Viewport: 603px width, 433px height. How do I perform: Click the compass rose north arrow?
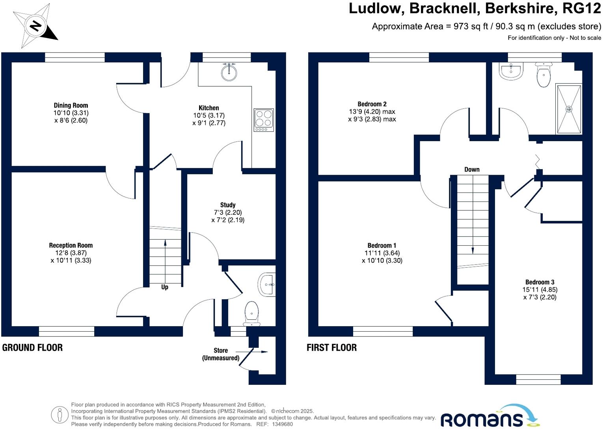coord(35,26)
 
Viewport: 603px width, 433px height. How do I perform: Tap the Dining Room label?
coord(71,105)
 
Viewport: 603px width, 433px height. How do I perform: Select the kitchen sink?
coord(229,71)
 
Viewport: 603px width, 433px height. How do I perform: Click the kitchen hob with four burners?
coord(264,120)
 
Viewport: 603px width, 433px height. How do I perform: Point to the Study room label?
coord(228,205)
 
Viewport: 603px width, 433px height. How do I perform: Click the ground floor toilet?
coord(251,313)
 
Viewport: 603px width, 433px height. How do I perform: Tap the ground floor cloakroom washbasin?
coord(267,284)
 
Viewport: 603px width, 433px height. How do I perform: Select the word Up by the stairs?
coord(165,287)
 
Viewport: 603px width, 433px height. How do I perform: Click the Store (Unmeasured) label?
coord(221,354)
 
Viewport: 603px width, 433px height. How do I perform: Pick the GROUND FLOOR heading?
coord(32,347)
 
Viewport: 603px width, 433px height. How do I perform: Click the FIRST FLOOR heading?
coord(331,347)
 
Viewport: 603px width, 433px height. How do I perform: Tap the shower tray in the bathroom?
coord(569,109)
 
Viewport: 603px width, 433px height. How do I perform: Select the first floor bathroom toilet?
coord(544,75)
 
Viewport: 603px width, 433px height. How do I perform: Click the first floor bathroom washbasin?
coord(511,71)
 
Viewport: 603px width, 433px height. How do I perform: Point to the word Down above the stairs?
coord(472,170)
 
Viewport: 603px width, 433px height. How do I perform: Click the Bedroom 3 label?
coord(540,282)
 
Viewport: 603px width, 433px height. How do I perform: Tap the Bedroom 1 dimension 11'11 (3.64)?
coord(382,253)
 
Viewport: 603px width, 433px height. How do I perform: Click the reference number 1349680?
coord(283,424)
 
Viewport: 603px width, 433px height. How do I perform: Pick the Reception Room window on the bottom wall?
coord(67,331)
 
